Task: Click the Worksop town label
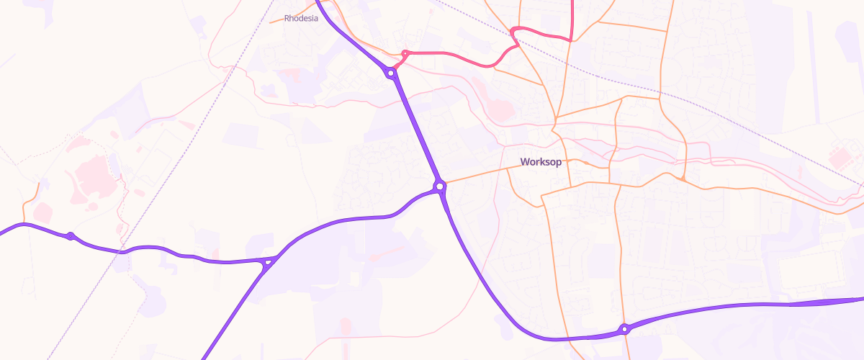[x=541, y=162]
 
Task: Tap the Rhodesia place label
[x=301, y=19]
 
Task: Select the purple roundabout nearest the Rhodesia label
[x=390, y=73]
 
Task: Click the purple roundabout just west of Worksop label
[x=439, y=186]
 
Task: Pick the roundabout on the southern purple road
[x=625, y=329]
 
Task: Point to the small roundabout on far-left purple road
[x=71, y=235]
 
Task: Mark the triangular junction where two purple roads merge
[x=269, y=261]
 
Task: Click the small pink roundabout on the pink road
[x=405, y=53]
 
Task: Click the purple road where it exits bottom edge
[x=204, y=358]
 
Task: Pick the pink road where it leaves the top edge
[x=572, y=2]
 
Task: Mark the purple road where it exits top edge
[x=318, y=2]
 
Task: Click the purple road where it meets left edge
[x=2, y=232]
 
